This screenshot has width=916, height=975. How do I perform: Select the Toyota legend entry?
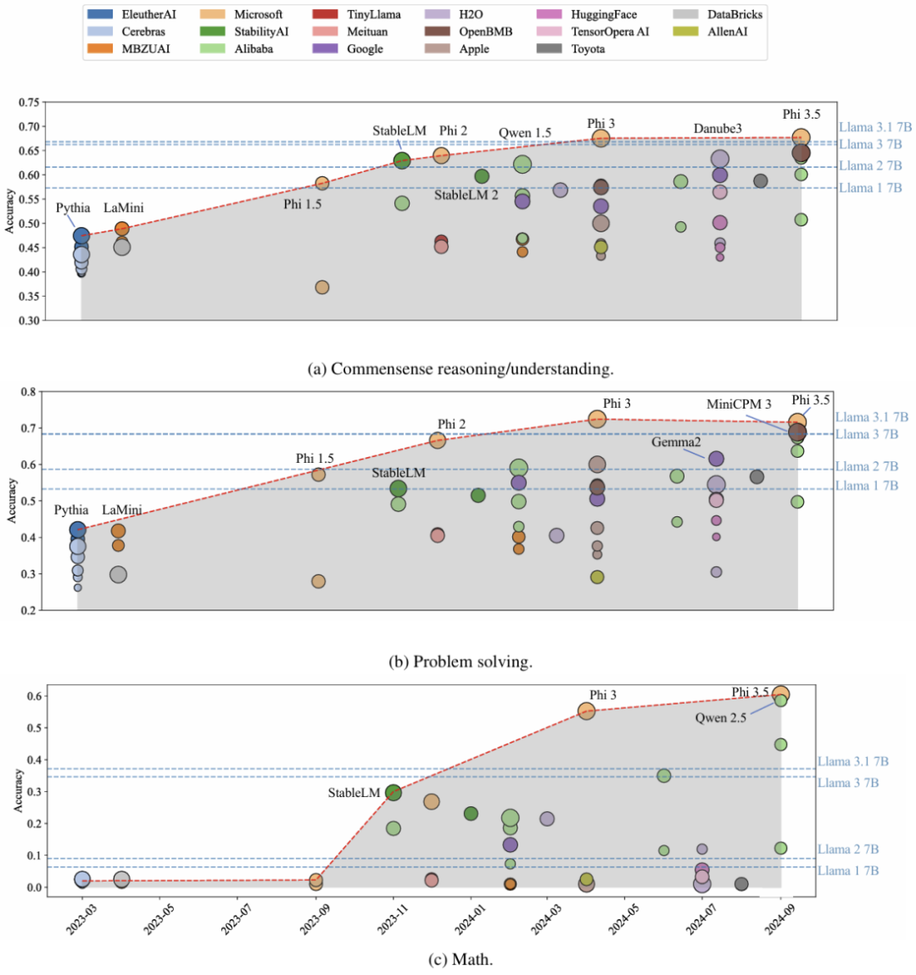click(588, 48)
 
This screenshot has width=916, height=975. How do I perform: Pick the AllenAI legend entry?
click(729, 31)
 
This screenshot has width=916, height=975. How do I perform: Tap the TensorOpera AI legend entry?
click(609, 31)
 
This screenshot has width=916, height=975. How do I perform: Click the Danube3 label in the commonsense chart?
click(718, 129)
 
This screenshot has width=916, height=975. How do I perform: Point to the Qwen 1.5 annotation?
click(524, 133)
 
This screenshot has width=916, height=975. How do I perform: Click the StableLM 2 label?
click(466, 195)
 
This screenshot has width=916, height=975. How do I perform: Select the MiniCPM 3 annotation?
click(739, 404)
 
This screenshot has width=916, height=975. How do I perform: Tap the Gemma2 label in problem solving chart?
click(676, 442)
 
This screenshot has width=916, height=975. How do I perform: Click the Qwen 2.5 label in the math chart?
click(721, 717)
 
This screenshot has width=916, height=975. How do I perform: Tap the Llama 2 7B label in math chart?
click(847, 849)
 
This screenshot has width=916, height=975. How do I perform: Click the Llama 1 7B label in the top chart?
click(870, 188)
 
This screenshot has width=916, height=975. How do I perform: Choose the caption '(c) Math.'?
click(461, 960)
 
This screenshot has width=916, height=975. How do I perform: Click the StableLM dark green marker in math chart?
click(394, 793)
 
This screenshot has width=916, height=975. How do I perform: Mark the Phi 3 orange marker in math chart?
click(586, 711)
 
